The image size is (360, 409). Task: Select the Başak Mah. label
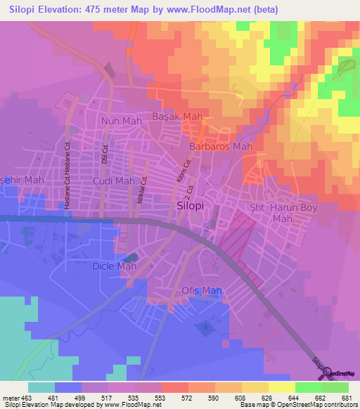[x=179, y=116]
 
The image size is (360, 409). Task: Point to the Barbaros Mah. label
[x=221, y=146]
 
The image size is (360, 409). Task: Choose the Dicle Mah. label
[x=112, y=266]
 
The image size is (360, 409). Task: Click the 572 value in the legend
[x=186, y=397]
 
